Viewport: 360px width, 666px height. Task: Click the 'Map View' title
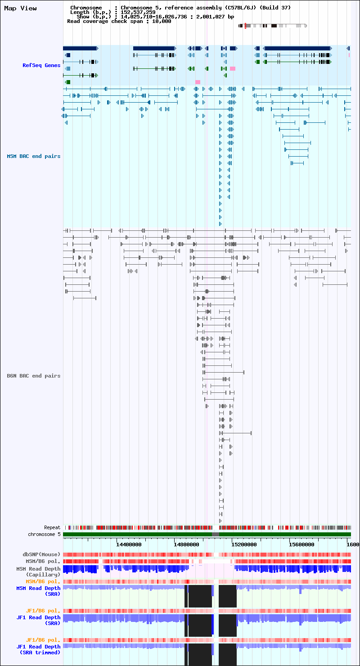point(21,8)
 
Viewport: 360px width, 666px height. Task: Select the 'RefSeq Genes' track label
point(41,65)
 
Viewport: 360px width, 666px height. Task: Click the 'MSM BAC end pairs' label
point(34,157)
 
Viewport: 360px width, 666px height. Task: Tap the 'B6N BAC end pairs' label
point(34,376)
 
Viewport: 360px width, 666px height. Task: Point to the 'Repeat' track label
point(52,527)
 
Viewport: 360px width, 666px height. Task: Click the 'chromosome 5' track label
point(44,534)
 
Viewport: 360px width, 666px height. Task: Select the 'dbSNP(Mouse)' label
point(41,554)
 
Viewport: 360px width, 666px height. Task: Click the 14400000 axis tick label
point(129,544)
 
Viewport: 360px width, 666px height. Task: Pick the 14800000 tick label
point(186,544)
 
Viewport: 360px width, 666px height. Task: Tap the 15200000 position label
point(244,544)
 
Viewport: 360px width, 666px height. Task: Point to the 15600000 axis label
point(302,544)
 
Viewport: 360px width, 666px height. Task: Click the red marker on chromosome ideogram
point(245,26)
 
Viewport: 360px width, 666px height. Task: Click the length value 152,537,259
point(138,13)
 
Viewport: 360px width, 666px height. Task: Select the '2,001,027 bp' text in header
point(215,17)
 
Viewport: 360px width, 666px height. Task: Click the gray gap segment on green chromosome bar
point(216,535)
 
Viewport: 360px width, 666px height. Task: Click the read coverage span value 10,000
point(162,22)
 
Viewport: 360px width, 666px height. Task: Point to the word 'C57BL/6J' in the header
point(243,8)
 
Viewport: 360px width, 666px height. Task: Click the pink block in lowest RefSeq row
point(198,82)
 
